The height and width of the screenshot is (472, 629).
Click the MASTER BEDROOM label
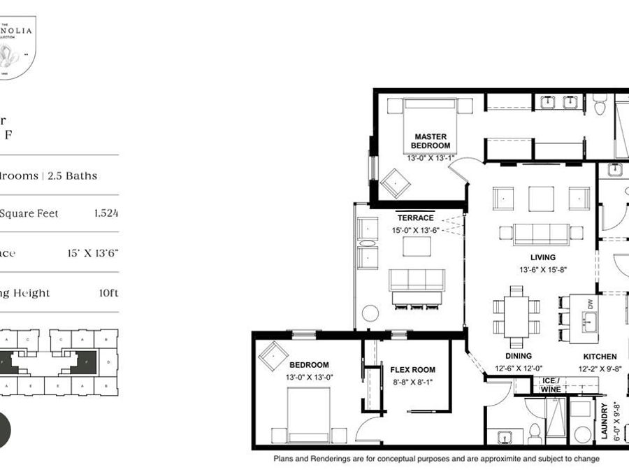click(431, 141)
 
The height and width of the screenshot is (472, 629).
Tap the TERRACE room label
click(415, 218)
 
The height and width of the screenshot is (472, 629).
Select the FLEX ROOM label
click(412, 370)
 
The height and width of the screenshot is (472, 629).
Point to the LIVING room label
click(542, 257)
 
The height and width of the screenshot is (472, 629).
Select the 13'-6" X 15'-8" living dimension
click(542, 269)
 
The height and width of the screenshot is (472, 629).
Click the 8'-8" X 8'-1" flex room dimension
click(412, 382)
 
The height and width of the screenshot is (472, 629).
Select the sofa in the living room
click(540, 234)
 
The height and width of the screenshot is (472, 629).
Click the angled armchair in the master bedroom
click(395, 183)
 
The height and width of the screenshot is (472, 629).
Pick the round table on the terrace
click(370, 313)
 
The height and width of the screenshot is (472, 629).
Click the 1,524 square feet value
click(106, 213)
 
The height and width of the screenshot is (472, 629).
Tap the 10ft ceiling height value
click(108, 293)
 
